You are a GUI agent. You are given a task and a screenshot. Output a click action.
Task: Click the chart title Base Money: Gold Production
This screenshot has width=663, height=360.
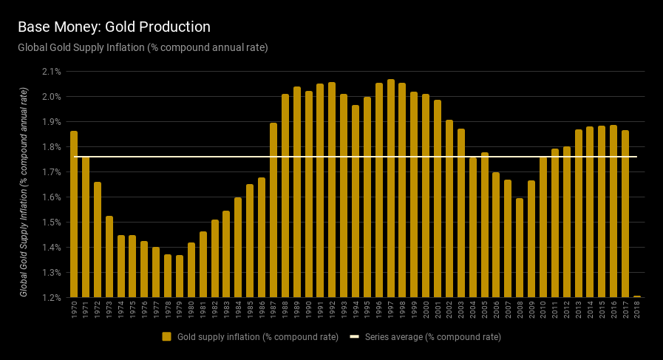click(114, 27)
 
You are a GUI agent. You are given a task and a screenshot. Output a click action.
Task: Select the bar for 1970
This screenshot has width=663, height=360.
click(74, 214)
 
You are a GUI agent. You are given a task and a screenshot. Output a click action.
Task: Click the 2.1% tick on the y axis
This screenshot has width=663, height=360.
click(52, 72)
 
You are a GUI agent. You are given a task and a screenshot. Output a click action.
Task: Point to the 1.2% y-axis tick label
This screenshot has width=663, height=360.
click(52, 297)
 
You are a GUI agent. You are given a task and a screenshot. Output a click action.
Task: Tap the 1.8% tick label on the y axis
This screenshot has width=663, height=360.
click(52, 147)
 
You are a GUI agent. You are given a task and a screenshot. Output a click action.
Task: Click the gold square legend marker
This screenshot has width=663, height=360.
click(167, 337)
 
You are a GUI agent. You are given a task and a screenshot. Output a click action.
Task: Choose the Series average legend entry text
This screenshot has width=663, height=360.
click(433, 337)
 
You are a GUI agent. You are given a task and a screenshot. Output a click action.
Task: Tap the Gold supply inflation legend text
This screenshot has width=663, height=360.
click(258, 337)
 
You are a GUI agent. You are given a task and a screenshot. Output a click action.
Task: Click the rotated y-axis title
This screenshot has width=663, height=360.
click(24, 192)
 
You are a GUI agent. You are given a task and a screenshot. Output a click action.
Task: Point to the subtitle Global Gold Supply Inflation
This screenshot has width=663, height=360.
click(143, 47)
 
